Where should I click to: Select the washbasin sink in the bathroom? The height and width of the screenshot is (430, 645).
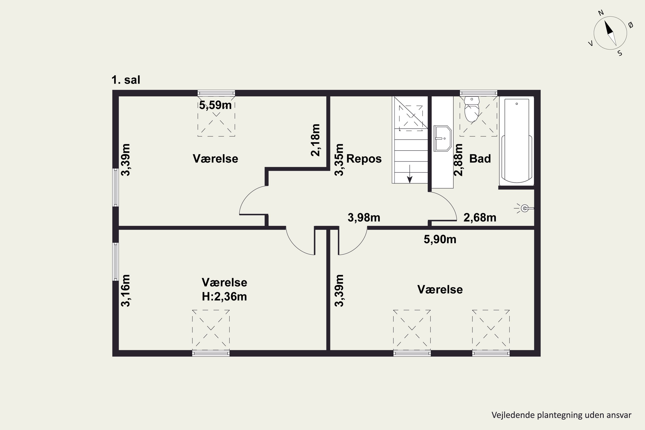442,138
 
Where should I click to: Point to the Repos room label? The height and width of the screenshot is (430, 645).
364,159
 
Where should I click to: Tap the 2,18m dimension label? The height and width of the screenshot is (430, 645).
315,140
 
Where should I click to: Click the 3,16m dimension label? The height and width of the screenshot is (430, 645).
125,290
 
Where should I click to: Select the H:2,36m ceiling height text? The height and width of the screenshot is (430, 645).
224,296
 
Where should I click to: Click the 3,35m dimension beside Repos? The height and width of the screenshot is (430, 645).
339,160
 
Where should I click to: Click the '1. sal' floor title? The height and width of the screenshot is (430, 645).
126,80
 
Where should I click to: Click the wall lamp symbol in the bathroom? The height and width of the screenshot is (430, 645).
524,208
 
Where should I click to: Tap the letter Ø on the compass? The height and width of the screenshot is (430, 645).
631,25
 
